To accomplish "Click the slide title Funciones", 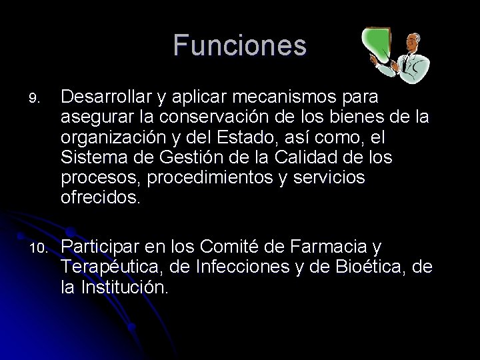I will click(x=240, y=46).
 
